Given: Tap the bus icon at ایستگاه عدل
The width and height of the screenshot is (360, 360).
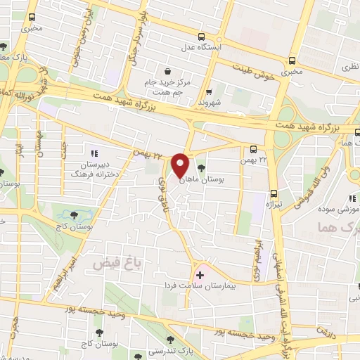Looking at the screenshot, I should pyautogui.click(x=202, y=37).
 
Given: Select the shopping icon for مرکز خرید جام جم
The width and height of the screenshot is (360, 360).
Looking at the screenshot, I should pyautogui.click(x=167, y=70).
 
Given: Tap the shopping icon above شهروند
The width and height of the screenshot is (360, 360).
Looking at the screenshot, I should pyautogui.click(x=209, y=91).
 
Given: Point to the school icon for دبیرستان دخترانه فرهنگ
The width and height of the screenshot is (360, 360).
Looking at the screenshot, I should pyautogui.click(x=94, y=153).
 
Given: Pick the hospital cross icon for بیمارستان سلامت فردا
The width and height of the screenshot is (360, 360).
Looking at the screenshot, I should pyautogui.click(x=199, y=274).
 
